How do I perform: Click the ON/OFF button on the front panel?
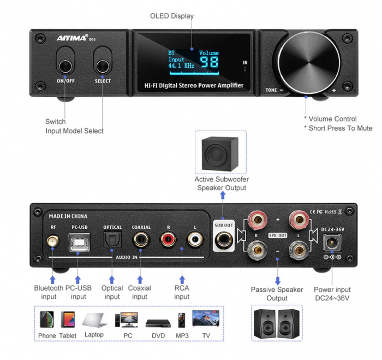coord(65,67)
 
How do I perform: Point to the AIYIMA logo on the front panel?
coord(72,38)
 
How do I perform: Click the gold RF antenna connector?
coord(53,240)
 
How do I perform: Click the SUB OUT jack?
coord(224,239)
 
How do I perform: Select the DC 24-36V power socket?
coord(332,241)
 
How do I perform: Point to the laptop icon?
coord(94,320)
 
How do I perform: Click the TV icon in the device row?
coord(206,318)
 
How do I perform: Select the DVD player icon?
coord(158,322)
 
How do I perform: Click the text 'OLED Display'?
coord(172,16)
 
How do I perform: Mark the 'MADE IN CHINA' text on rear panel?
coord(68,216)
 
